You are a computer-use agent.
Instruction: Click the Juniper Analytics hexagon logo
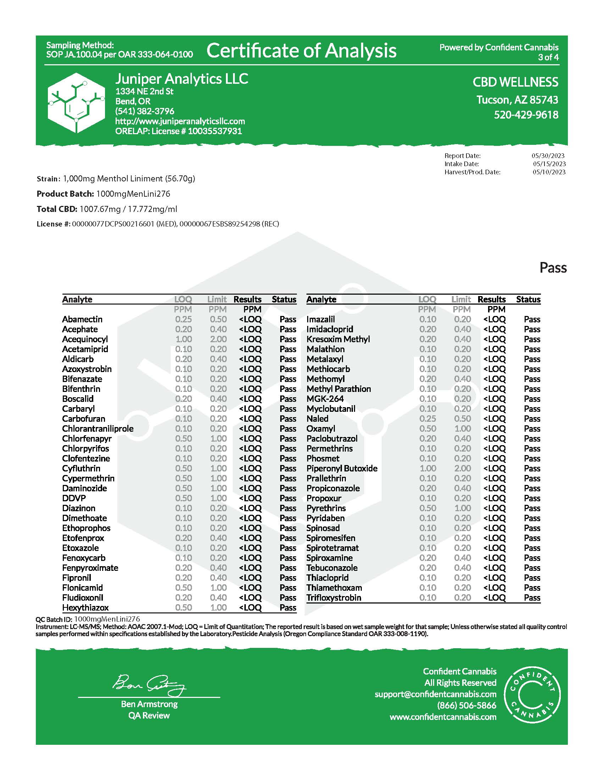coord(76,103)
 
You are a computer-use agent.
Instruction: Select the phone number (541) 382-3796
coord(145,111)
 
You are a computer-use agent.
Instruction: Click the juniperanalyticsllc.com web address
coord(180,121)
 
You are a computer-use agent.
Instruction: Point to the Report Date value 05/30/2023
coord(548,156)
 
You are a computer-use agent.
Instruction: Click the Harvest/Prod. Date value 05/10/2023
coord(549,172)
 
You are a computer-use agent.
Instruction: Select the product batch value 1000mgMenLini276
coord(133,194)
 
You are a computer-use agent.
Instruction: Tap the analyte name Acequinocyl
coord(85,339)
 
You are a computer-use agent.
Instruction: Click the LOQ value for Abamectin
coord(183,319)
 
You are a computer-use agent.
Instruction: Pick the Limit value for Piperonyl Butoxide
coord(462,469)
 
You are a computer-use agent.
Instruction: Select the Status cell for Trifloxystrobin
coord(532,597)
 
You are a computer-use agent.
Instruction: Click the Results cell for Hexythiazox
coord(250,607)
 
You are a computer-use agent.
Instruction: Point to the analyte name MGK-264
coord(325,399)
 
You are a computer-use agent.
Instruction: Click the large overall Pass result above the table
coord(553,268)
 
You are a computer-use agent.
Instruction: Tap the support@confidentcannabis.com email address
coord(436,694)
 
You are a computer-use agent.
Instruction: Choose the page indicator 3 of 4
coord(548,57)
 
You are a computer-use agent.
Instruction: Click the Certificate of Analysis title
coord(301,50)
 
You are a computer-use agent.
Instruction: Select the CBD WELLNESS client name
coord(515,82)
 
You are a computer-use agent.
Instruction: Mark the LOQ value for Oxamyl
coord(428,428)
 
